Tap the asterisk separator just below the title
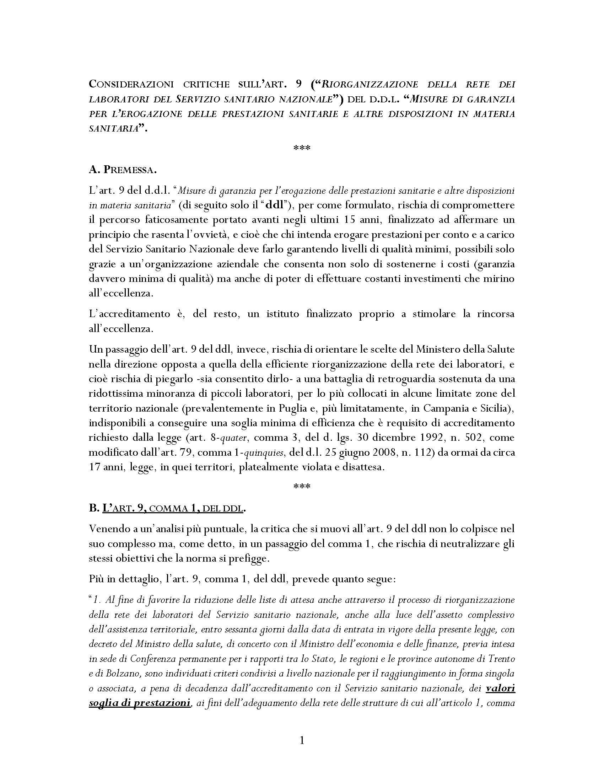[302, 148]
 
